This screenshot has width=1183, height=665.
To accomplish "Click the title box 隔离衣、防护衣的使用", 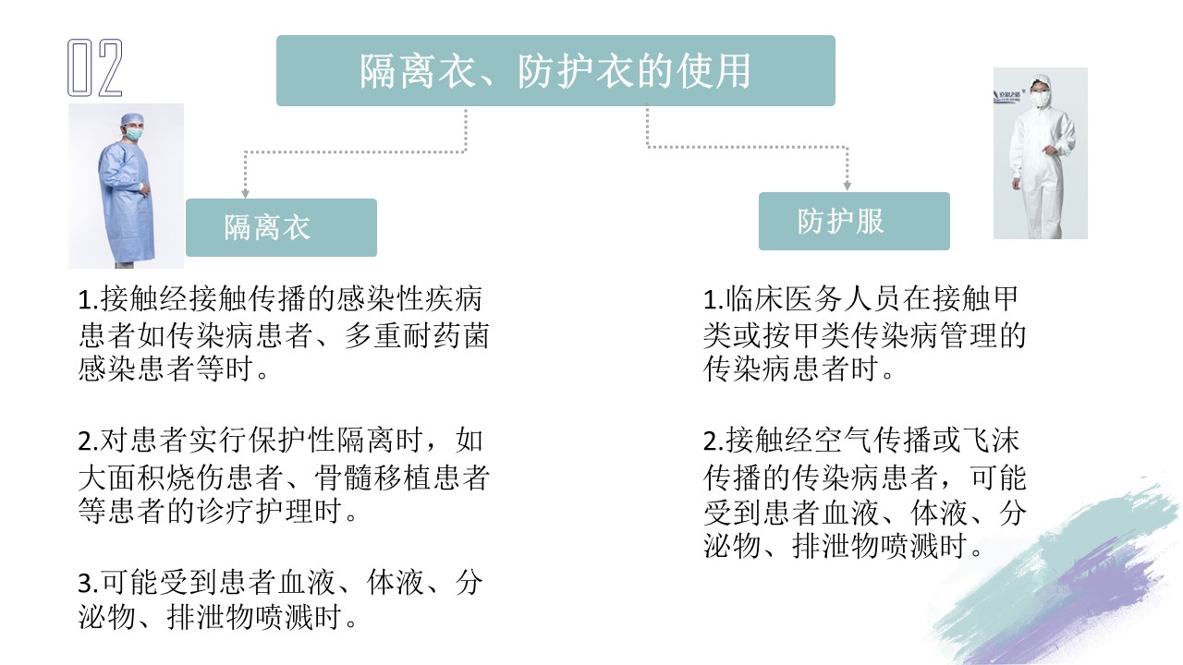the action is click(x=555, y=71).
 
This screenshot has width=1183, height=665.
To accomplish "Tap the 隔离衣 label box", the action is click(x=282, y=227).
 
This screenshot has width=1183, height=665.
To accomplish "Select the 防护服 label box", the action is click(x=854, y=221).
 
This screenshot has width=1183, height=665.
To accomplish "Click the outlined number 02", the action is click(x=95, y=67).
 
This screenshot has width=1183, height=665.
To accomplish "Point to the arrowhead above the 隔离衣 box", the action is click(x=245, y=193).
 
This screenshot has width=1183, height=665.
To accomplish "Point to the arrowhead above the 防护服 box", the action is click(x=848, y=187).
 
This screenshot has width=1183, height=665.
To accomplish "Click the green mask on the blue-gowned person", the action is click(x=134, y=134).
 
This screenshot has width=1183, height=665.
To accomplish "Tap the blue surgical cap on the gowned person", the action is click(x=131, y=119).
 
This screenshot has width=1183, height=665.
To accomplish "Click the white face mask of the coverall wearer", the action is click(x=1039, y=99).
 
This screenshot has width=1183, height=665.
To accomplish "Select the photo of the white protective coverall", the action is click(x=1041, y=153).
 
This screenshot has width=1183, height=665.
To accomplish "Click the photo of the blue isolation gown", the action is click(x=127, y=186).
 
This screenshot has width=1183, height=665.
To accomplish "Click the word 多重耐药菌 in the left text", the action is click(x=417, y=335).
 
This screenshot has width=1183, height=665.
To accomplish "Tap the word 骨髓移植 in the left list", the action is click(x=373, y=478).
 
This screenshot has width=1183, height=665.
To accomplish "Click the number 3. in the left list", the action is click(x=88, y=583).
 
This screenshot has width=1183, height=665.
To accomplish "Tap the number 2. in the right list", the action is click(x=713, y=441).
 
